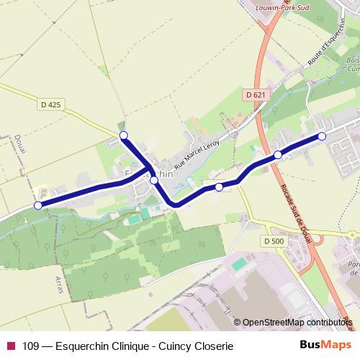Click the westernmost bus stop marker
point(38,205)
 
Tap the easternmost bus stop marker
point(322,136)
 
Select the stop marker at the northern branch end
point(123,135)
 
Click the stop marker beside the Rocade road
point(277,155)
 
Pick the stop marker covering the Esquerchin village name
point(153,181)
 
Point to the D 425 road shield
point(50,104)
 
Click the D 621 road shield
point(255,94)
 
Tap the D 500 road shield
point(274,240)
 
